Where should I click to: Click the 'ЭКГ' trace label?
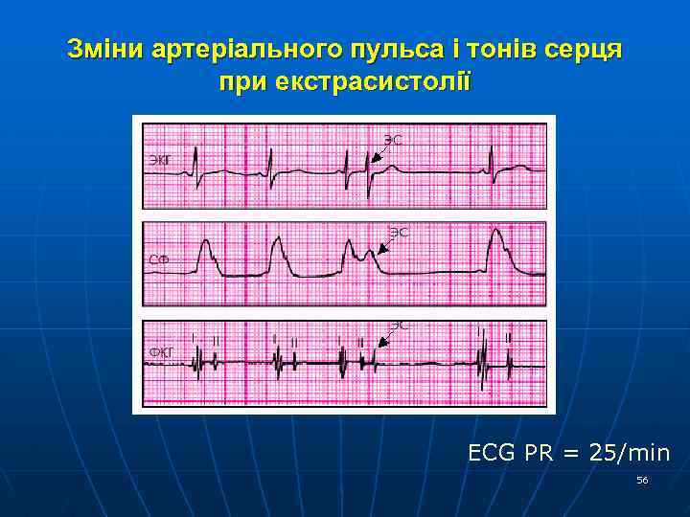click(x=160, y=159)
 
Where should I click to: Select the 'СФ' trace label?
click(x=159, y=259)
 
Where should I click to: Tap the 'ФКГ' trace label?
click(x=161, y=352)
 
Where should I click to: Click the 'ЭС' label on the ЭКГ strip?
click(x=393, y=140)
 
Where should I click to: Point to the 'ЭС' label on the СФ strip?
click(x=399, y=232)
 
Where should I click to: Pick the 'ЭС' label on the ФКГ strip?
click(x=399, y=325)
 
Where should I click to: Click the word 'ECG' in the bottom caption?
click(x=492, y=452)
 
